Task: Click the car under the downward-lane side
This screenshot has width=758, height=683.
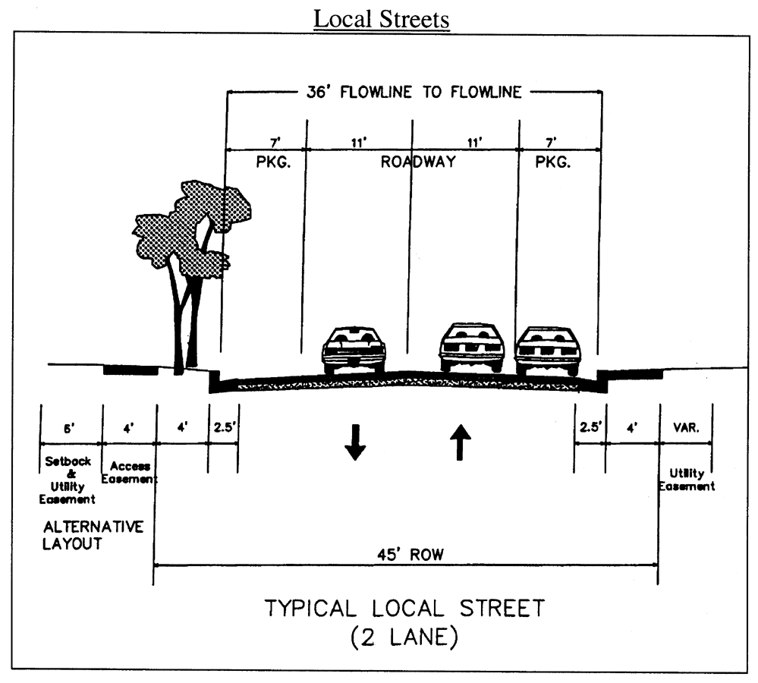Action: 354,351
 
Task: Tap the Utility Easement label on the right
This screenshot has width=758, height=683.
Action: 686,479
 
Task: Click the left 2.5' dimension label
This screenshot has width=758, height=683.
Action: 224,427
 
